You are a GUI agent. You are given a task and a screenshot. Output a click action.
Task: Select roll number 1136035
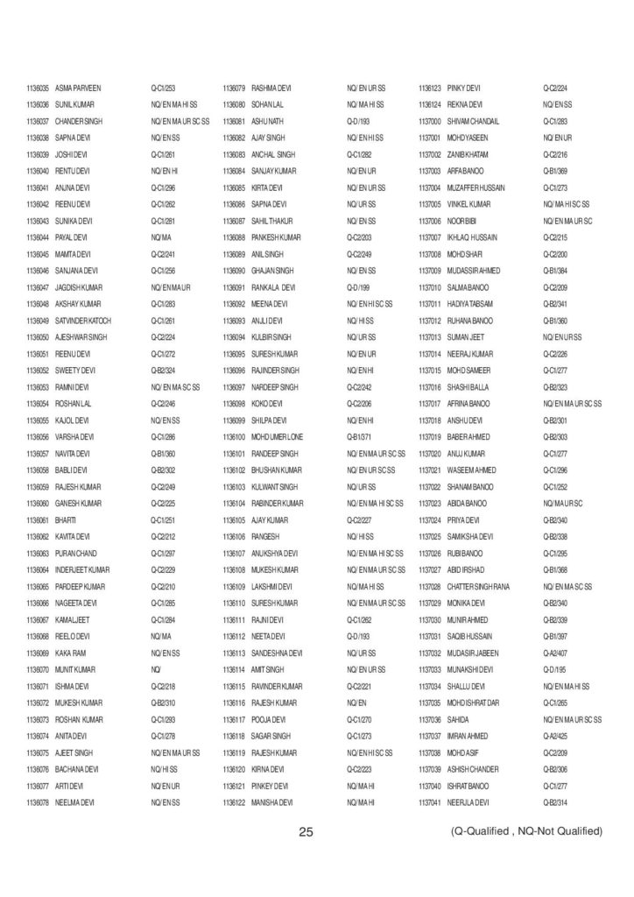(38, 88)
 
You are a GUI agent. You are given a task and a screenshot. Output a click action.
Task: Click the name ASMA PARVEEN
(78, 88)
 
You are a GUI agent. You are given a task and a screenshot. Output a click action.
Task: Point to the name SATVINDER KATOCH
(83, 321)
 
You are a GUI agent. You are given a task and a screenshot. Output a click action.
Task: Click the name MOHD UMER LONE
(279, 436)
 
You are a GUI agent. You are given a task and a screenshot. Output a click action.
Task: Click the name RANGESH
(264, 536)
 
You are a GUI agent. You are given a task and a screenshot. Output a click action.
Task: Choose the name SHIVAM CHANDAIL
(473, 122)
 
